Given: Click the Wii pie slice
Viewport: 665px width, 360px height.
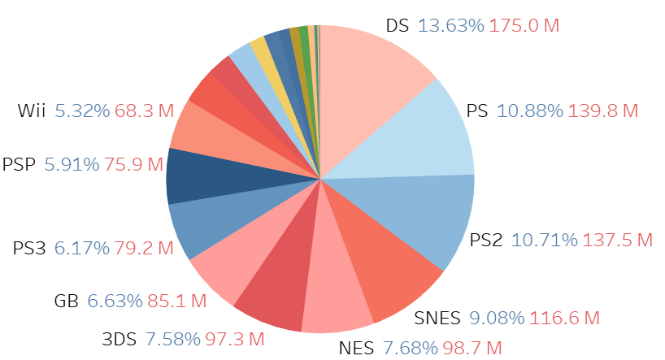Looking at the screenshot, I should (x=199, y=134).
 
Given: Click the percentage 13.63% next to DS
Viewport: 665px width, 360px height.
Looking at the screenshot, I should (x=450, y=25).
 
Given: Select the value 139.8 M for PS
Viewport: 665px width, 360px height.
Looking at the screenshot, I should (x=602, y=111).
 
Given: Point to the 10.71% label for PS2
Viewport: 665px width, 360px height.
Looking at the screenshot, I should (x=542, y=240).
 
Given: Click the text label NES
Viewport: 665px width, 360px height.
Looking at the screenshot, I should (x=355, y=349).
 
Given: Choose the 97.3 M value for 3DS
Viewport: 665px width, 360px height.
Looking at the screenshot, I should (x=241, y=337).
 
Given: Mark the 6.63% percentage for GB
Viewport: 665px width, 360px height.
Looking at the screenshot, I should (x=114, y=301).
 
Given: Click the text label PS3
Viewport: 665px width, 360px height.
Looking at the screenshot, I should (x=30, y=248).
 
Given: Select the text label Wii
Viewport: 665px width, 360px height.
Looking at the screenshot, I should (x=33, y=111).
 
